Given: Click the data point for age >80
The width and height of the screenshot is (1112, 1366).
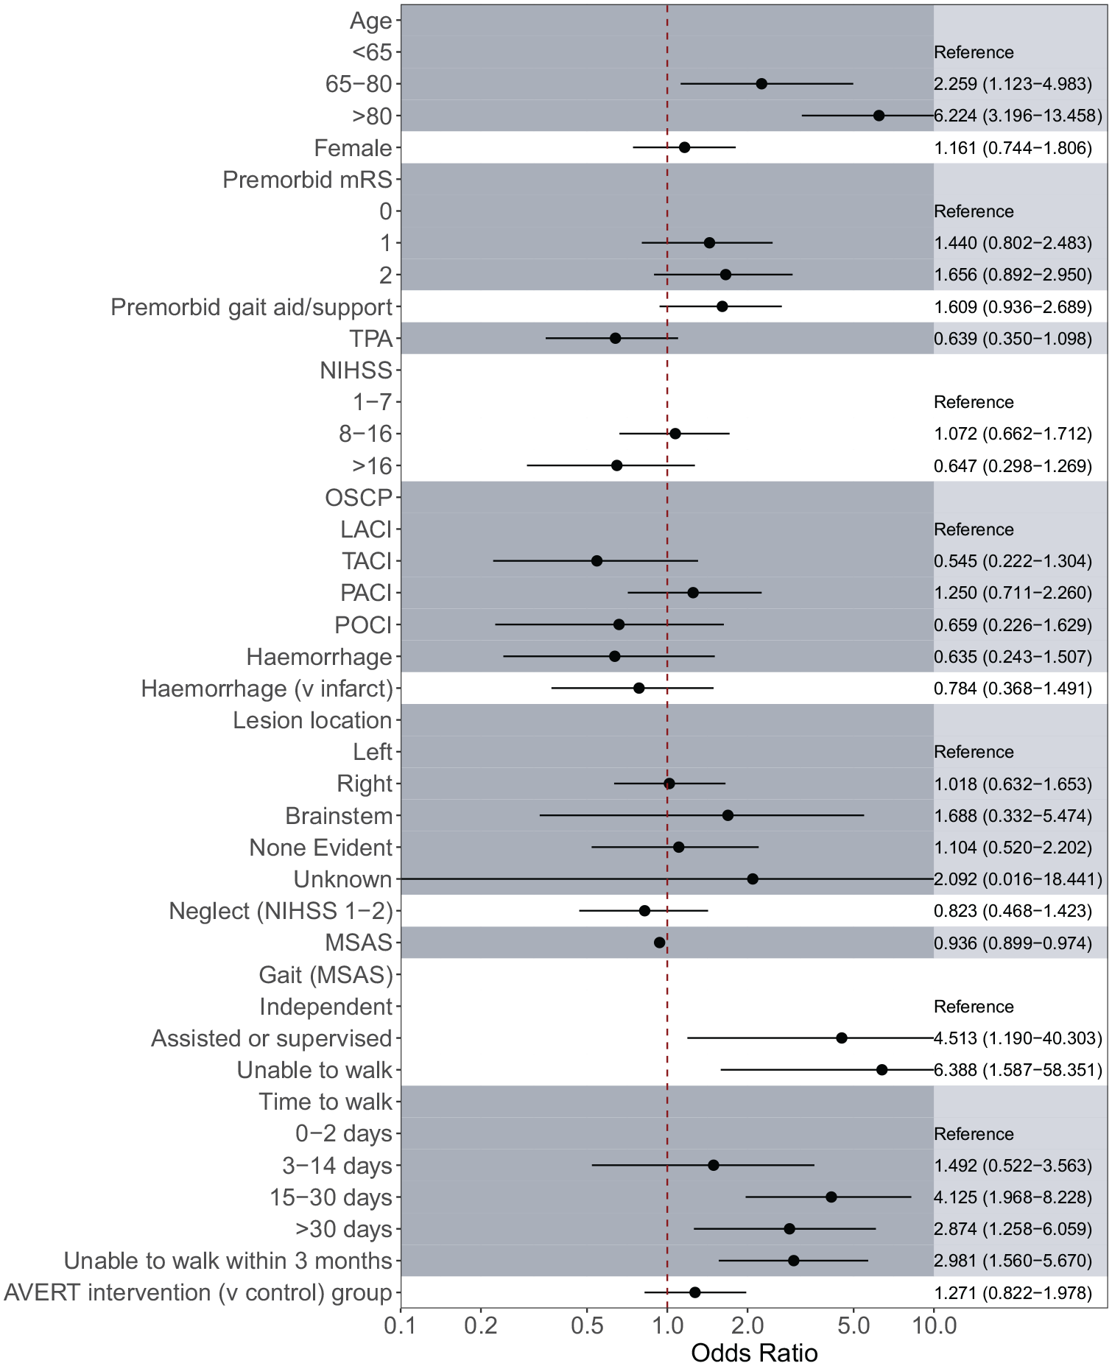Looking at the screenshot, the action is coord(879,116).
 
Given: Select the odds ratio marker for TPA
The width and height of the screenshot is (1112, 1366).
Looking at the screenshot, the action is coord(615,338).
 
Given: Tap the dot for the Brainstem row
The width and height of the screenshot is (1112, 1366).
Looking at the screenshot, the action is coord(728,815).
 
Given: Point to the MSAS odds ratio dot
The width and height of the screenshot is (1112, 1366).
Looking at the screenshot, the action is coord(659,943).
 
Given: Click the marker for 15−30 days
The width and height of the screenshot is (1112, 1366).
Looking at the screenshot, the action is coord(831,1197).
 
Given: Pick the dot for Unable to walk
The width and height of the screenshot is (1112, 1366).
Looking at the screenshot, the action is coord(881,1070).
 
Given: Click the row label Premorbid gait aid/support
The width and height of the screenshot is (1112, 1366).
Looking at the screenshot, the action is coord(251,307).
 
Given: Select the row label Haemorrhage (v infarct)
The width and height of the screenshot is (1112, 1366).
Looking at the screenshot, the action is coord(267,689).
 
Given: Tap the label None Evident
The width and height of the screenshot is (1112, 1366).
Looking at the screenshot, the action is coord(320,848).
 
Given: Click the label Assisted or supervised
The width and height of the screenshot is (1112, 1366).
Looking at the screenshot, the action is coord(271,1038).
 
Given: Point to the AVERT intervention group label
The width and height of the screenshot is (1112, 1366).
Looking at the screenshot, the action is coord(198,1292).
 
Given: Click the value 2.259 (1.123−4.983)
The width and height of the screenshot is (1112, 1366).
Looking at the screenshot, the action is coord(1013,84).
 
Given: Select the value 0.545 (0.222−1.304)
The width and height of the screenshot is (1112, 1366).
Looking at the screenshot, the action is coord(1013,561).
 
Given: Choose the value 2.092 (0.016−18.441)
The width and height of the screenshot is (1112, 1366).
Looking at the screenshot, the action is coord(1018,879).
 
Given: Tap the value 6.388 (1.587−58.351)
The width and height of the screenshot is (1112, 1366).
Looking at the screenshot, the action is coord(1018,1070).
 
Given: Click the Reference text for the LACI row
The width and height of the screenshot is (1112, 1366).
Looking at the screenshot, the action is coord(974,529).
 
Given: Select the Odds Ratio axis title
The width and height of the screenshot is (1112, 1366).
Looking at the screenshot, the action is coord(754,1353).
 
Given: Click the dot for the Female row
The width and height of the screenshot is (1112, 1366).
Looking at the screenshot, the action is coord(684,147).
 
